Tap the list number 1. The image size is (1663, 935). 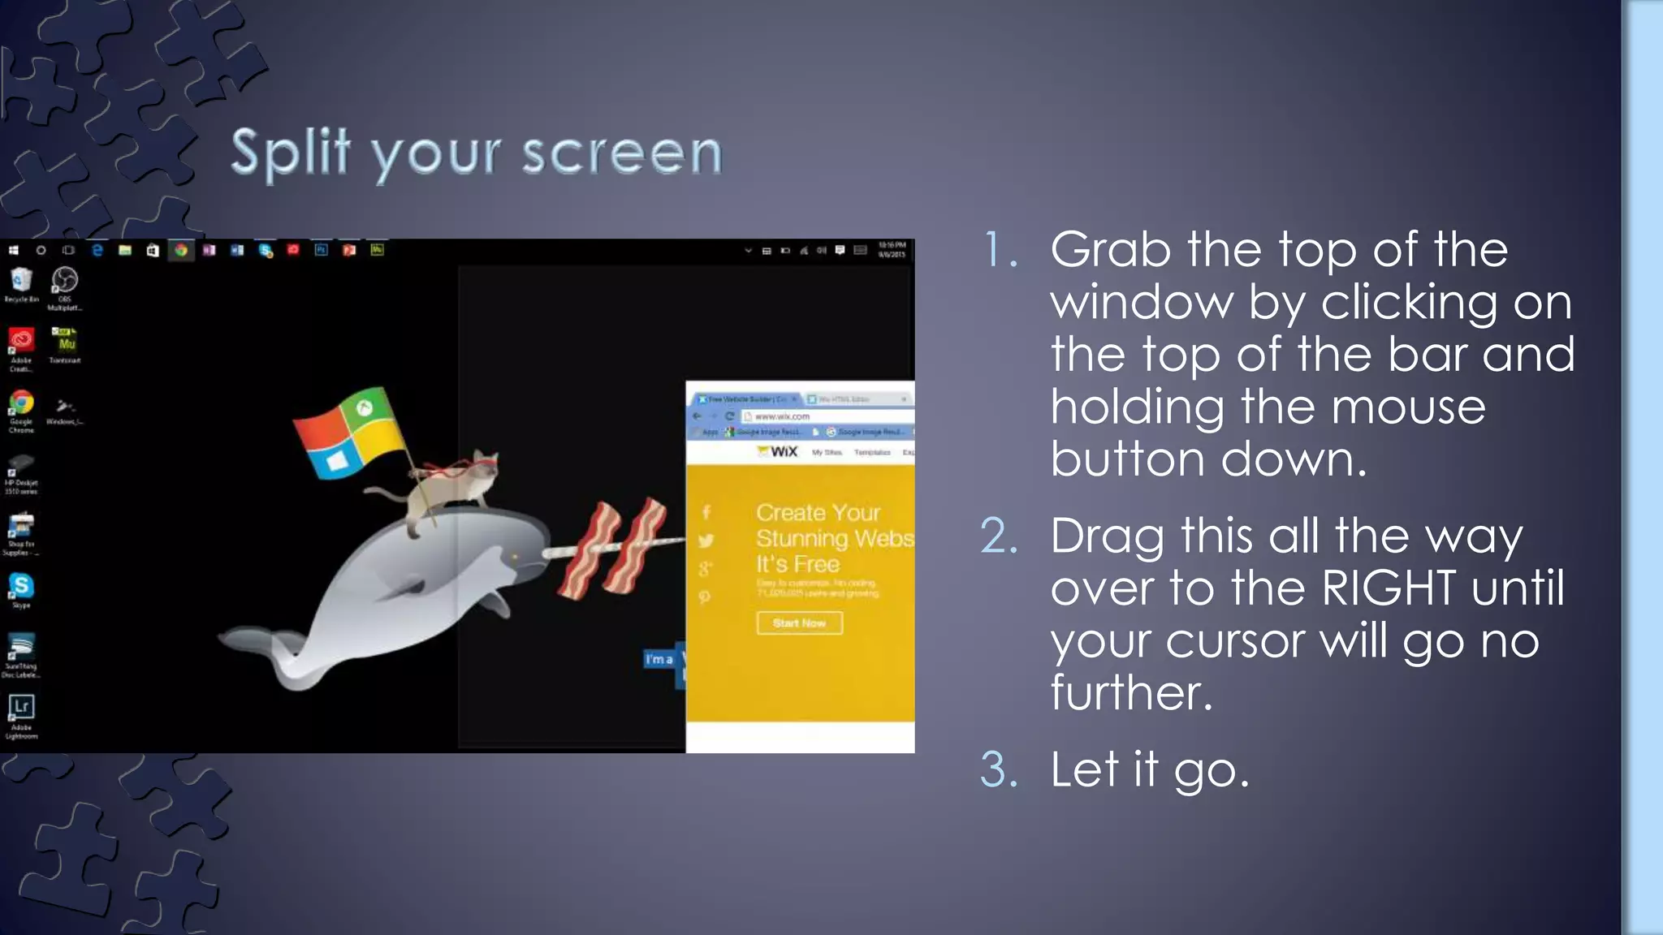1000,250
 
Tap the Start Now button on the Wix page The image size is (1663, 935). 799,623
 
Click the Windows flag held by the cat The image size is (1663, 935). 349,430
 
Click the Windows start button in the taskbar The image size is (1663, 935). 13,251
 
